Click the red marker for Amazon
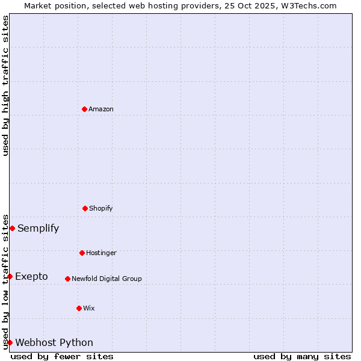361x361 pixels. point(84,109)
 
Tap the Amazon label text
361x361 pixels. point(101,109)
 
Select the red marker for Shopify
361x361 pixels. point(85,208)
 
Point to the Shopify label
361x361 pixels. point(101,208)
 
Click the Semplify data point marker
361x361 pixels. point(12,228)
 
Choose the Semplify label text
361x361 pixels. point(39,228)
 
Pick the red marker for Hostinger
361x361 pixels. point(82,253)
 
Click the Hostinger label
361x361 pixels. point(101,253)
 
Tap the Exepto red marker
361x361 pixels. point(10,276)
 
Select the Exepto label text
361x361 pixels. point(31,276)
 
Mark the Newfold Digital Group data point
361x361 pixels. point(67,279)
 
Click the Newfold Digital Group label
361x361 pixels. point(106,279)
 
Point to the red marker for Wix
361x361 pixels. point(79,308)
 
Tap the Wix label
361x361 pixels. point(89,308)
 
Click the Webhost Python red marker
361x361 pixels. point(10,342)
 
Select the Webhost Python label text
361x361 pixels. point(54,342)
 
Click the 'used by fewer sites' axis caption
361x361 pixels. point(62,356)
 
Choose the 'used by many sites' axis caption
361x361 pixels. point(302,356)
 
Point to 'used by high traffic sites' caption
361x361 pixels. point(5,85)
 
